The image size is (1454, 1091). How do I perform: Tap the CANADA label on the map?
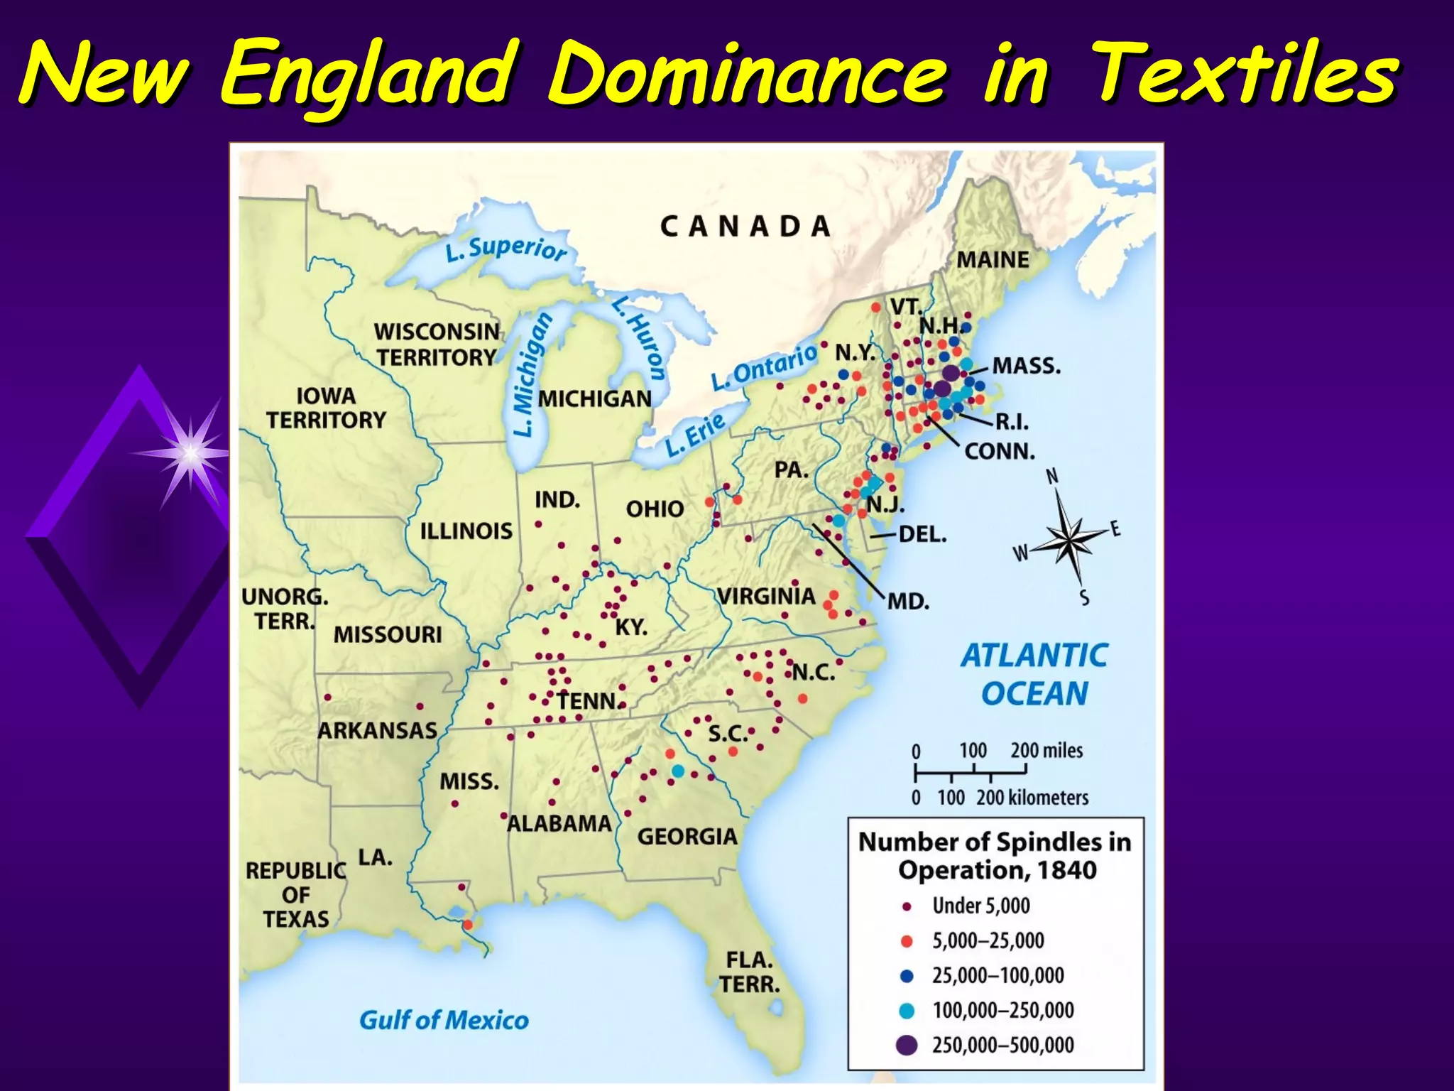tap(745, 227)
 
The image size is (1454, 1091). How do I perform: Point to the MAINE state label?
tap(993, 260)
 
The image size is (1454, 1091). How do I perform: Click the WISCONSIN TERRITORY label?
tap(437, 344)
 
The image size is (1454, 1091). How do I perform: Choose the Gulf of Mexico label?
tap(444, 1021)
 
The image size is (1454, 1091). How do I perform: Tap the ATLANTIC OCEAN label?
tap(1034, 674)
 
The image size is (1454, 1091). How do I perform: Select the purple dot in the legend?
tap(907, 1045)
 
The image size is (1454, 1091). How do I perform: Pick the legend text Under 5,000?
tap(980, 906)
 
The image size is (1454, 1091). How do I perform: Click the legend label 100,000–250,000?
tap(1002, 1010)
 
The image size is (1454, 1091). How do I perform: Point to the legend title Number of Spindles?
tap(995, 842)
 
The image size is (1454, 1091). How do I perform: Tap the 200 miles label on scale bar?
tap(1046, 750)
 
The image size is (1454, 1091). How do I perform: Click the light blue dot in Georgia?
tap(678, 771)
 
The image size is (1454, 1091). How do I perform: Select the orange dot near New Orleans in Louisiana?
tap(467, 925)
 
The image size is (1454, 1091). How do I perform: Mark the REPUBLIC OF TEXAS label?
tap(296, 895)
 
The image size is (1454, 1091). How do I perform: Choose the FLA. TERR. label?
tap(750, 972)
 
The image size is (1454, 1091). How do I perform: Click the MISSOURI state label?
tap(388, 634)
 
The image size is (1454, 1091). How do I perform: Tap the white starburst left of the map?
tap(190, 452)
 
